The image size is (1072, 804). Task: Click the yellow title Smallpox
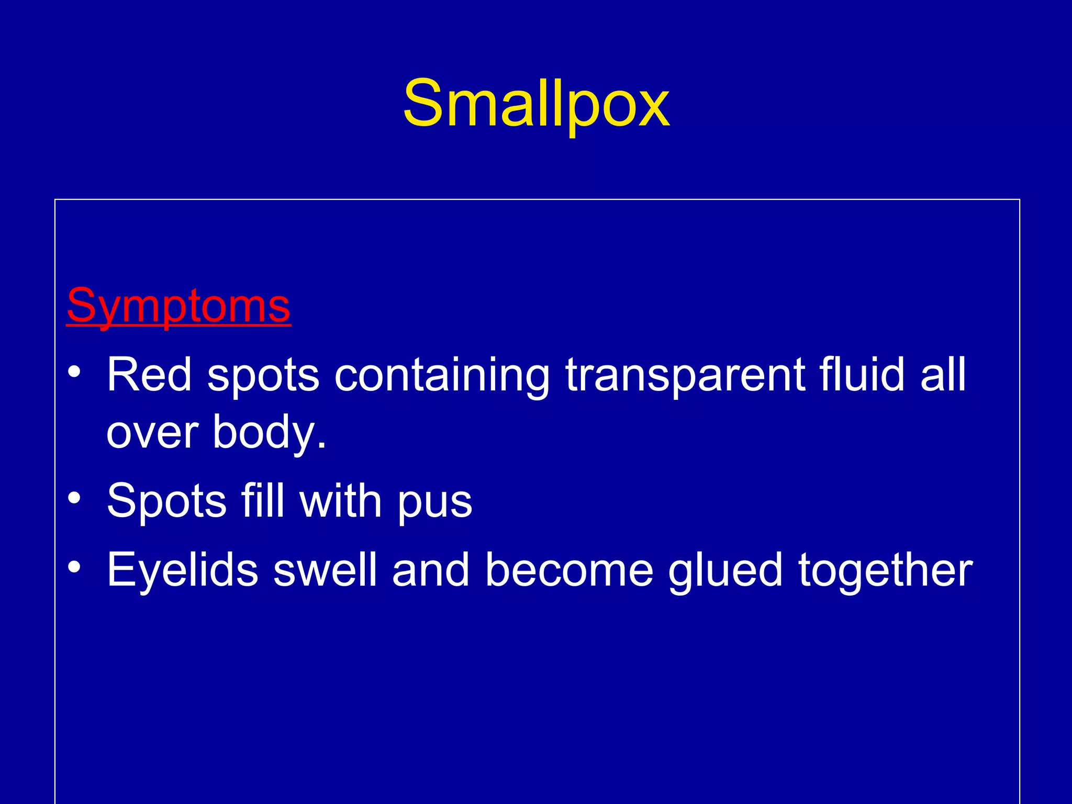click(536, 103)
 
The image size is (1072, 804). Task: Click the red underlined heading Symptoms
click(178, 306)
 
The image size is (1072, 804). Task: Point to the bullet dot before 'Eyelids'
click(74, 567)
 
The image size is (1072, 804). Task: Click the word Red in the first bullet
click(149, 375)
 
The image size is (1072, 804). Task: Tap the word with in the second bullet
click(340, 500)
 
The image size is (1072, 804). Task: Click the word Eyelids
click(182, 571)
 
